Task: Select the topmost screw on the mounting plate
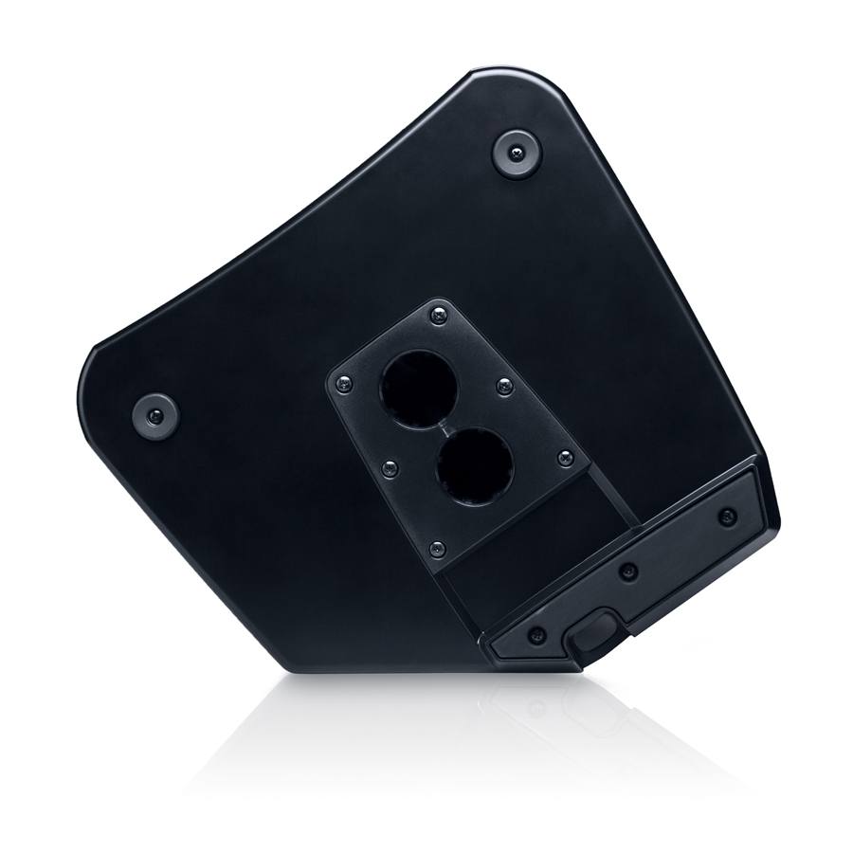[436, 312]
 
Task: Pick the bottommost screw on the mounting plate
[436, 548]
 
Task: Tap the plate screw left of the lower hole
[389, 466]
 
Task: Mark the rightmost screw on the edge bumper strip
[727, 517]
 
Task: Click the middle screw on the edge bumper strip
[626, 572]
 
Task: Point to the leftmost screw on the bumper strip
[537, 634]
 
